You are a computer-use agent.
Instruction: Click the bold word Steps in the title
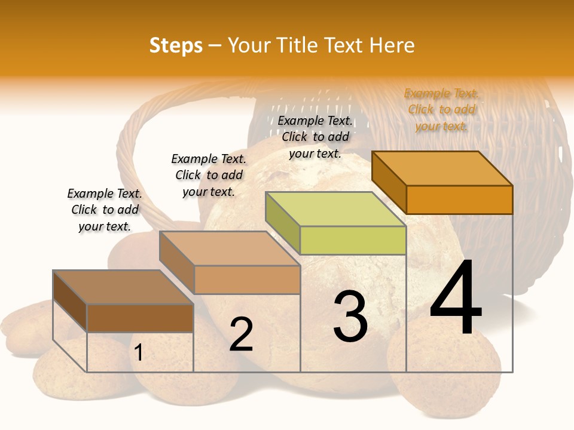[x=176, y=45]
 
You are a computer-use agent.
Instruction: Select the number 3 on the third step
[x=350, y=316]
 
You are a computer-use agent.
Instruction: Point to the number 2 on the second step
[x=241, y=334]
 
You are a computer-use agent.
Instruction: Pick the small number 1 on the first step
[x=139, y=352]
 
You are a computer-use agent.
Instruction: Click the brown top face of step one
[x=123, y=287]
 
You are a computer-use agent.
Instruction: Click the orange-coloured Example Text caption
[x=441, y=109]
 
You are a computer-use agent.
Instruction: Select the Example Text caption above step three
[x=315, y=137]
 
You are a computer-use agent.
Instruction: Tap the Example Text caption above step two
[x=209, y=175]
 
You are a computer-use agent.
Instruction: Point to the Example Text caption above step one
[x=105, y=210]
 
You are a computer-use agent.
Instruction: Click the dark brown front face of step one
[x=140, y=318]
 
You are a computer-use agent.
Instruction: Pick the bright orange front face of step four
[x=459, y=199]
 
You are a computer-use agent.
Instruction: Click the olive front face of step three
[x=353, y=240]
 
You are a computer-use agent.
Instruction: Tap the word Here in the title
[x=392, y=45]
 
